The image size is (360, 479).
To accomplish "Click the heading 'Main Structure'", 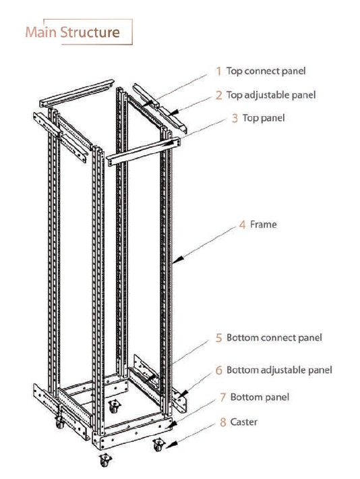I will coord(73,32).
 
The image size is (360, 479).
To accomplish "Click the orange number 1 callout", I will coord(218,71).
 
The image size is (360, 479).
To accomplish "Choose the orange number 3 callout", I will coord(234,118).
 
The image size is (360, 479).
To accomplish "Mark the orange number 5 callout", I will coord(219,337).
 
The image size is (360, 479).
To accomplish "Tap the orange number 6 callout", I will coord(219,370).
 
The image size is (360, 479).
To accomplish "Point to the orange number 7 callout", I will coord(222,397).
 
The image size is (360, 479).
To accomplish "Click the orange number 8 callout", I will coord(223,422).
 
